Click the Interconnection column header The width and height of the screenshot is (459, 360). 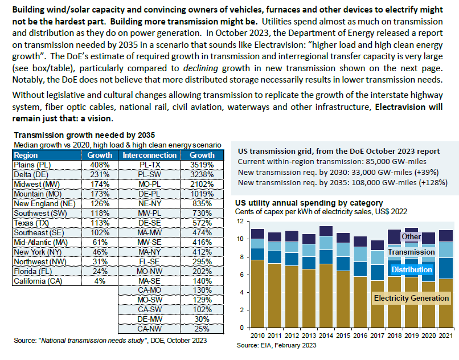pos(150,155)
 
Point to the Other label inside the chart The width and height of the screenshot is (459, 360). pos(411,236)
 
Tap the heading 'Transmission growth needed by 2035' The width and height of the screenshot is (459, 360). pos(84,136)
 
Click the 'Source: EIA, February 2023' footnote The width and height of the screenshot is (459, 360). pos(277,346)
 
